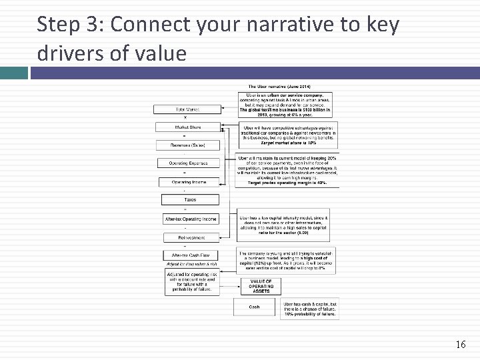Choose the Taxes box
(x=190, y=199)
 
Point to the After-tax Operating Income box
(x=191, y=219)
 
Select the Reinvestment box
(x=191, y=237)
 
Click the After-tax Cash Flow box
(x=191, y=255)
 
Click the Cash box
(x=254, y=307)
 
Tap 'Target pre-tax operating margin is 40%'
(x=288, y=183)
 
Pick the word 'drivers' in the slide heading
(x=75, y=53)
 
